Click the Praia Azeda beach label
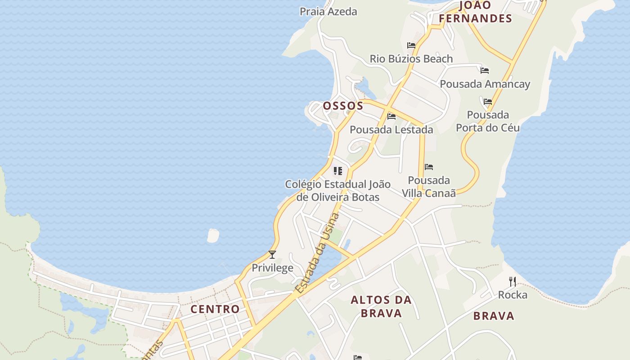pyautogui.click(x=328, y=12)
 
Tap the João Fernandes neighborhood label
pyautogui.click(x=476, y=12)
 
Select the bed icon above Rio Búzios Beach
pyautogui.click(x=411, y=45)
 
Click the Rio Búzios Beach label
pyautogui.click(x=411, y=59)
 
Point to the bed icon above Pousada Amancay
pyautogui.click(x=485, y=71)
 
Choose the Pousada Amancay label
pyautogui.click(x=485, y=84)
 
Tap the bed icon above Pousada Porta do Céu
pyautogui.click(x=488, y=102)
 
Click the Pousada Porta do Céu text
pyautogui.click(x=488, y=121)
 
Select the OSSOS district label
pyautogui.click(x=343, y=106)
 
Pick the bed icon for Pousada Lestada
pyautogui.click(x=391, y=117)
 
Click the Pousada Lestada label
pyautogui.click(x=391, y=130)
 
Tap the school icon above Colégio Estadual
pyautogui.click(x=337, y=171)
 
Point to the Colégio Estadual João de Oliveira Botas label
pyautogui.click(x=338, y=191)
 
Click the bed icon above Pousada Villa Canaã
pyautogui.click(x=429, y=167)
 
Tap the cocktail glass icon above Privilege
pyautogui.click(x=272, y=255)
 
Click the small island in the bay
pyautogui.click(x=213, y=235)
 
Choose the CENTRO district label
pyautogui.click(x=215, y=309)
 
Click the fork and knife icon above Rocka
pyautogui.click(x=512, y=282)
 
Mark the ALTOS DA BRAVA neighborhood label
pyautogui.click(x=381, y=306)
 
